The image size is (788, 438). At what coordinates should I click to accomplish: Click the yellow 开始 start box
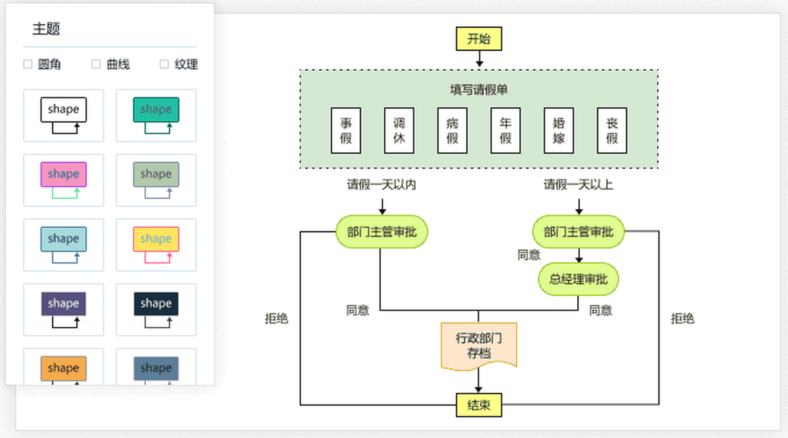479,39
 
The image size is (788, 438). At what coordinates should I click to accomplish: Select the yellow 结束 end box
479,405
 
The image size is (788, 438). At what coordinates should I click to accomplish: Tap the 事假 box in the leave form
345,130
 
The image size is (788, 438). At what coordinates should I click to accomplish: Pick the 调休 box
399,130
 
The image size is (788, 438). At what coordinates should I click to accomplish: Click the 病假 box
452,130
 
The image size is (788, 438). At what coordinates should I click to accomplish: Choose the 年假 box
505,130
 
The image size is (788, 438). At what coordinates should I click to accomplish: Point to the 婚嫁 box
558,130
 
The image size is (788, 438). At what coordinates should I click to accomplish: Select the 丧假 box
611,130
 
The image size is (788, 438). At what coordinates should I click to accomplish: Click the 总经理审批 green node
579,279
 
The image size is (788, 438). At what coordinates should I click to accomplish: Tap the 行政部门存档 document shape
479,345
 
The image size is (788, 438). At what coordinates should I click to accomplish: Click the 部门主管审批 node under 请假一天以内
382,232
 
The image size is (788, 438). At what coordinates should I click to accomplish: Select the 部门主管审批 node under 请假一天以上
579,232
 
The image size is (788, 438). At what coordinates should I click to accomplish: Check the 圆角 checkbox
28,64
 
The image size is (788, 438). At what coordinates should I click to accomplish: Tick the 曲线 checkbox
96,64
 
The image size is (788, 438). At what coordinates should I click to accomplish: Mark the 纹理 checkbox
164,64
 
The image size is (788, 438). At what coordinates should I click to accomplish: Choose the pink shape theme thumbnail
64,180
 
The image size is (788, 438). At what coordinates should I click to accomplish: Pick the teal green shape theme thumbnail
156,115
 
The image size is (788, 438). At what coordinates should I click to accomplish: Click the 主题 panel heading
47,29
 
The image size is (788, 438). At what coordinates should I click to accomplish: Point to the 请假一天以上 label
579,185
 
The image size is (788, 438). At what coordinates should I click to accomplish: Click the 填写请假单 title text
479,90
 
